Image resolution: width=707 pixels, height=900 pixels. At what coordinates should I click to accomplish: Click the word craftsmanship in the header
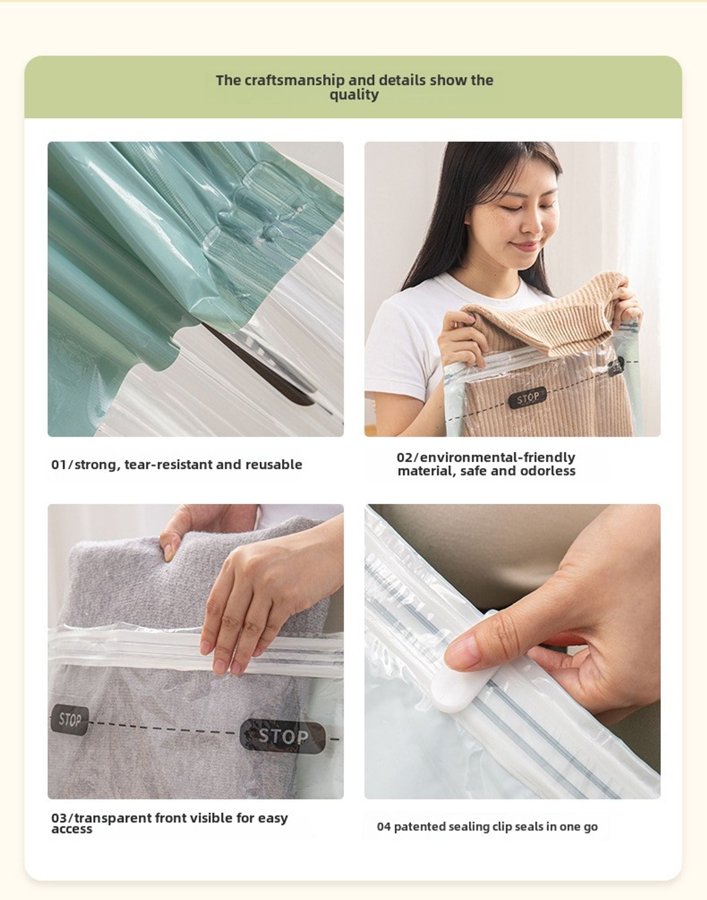click(x=293, y=80)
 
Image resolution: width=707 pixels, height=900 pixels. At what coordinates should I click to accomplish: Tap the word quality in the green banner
click(x=353, y=95)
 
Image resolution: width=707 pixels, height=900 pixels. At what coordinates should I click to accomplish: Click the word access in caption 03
click(x=72, y=829)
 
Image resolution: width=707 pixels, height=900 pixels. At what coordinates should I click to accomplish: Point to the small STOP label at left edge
click(x=69, y=720)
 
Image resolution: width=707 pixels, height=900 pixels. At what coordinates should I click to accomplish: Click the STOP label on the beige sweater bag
click(x=528, y=398)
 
